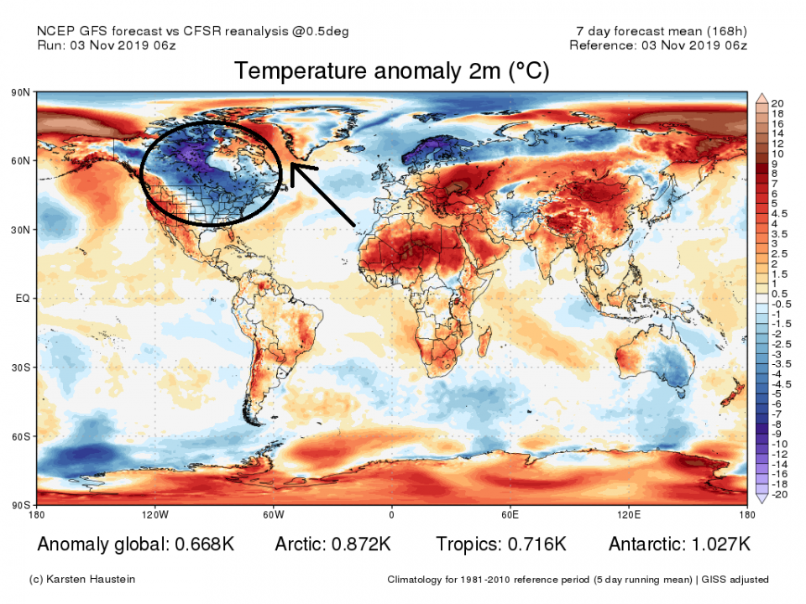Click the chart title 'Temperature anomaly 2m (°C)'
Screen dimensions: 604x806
(x=391, y=72)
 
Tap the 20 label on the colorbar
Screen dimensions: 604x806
(x=777, y=102)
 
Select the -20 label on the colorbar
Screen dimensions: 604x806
(x=779, y=495)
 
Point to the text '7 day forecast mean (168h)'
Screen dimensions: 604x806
(x=656, y=31)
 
